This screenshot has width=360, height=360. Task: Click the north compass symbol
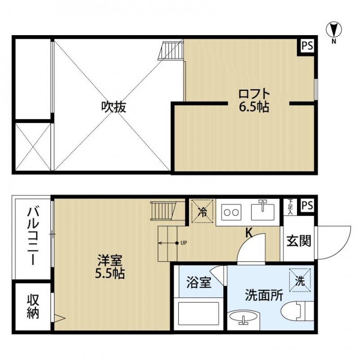334,31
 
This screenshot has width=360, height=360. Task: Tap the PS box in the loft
307,46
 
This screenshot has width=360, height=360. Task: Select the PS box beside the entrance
307,205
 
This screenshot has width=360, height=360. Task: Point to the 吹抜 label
113,107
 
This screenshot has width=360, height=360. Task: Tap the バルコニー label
32,236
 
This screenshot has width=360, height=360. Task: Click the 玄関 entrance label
298,241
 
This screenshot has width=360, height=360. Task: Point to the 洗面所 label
264,295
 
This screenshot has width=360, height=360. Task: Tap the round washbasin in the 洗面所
243,319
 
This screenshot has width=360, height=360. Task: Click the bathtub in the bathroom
198,313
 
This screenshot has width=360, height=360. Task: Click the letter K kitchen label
248,233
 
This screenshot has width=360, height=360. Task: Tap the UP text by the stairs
184,243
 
